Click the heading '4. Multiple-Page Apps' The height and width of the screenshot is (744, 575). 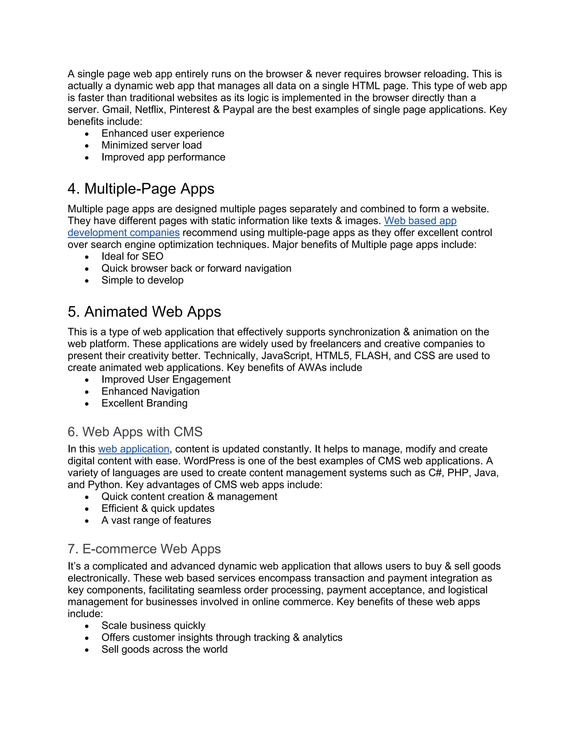[x=141, y=189]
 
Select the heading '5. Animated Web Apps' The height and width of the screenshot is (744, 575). [x=144, y=312]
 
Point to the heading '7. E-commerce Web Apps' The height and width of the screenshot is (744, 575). [x=144, y=549]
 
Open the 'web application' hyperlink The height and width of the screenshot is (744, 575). [x=134, y=449]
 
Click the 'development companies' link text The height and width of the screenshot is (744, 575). [x=123, y=233]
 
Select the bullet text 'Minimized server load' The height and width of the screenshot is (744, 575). [x=151, y=145]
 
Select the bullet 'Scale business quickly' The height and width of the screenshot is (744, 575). [x=153, y=626]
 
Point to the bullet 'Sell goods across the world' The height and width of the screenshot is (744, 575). [x=164, y=649]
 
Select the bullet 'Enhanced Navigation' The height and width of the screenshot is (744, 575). [x=150, y=391]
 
